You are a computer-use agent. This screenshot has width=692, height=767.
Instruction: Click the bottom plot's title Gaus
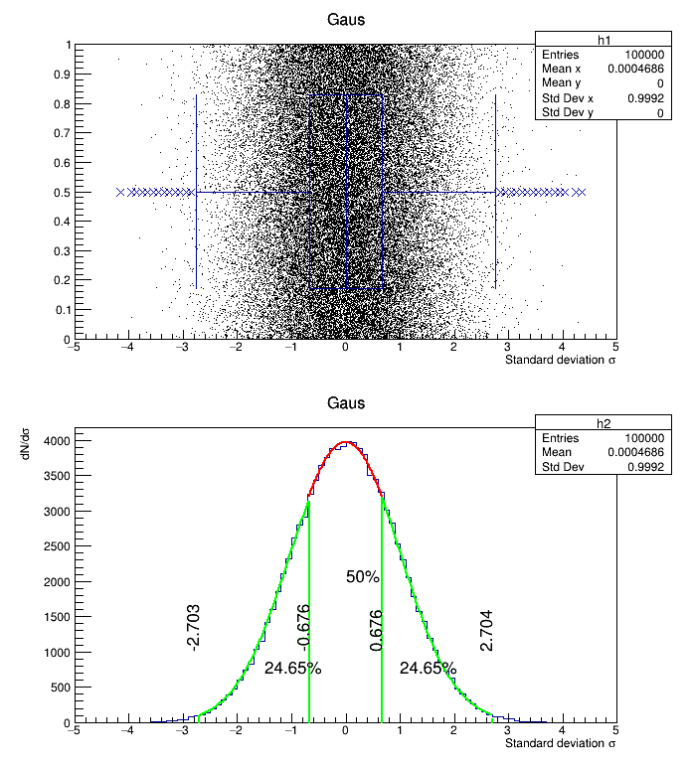pyautogui.click(x=345, y=403)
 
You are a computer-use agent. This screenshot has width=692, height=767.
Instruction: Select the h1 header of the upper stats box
pyautogui.click(x=604, y=40)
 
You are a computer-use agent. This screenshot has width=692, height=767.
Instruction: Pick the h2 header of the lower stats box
pyautogui.click(x=604, y=423)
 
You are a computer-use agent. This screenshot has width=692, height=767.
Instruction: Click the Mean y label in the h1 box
pyautogui.click(x=563, y=83)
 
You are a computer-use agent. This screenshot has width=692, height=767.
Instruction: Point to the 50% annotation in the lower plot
pyautogui.click(x=363, y=576)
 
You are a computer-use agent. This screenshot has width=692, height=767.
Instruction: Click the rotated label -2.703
pyautogui.click(x=194, y=627)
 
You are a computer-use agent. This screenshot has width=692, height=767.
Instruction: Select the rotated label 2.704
pyautogui.click(x=486, y=631)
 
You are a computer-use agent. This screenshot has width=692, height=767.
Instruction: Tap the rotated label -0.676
pyautogui.click(x=304, y=627)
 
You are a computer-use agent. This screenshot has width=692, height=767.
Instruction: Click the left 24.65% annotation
pyautogui.click(x=292, y=669)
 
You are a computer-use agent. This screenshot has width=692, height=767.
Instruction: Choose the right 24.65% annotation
pyautogui.click(x=428, y=669)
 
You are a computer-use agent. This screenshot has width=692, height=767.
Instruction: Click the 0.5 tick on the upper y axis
pyautogui.click(x=62, y=192)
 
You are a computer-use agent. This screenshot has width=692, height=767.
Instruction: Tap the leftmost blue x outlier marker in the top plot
pyautogui.click(x=120, y=192)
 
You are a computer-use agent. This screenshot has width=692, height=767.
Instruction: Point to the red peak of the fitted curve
pyautogui.click(x=345, y=442)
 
